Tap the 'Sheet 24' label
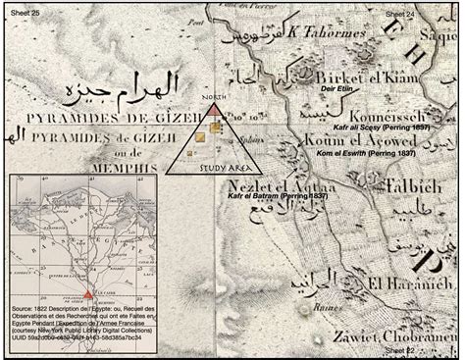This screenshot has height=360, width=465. click(x=399, y=16)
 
